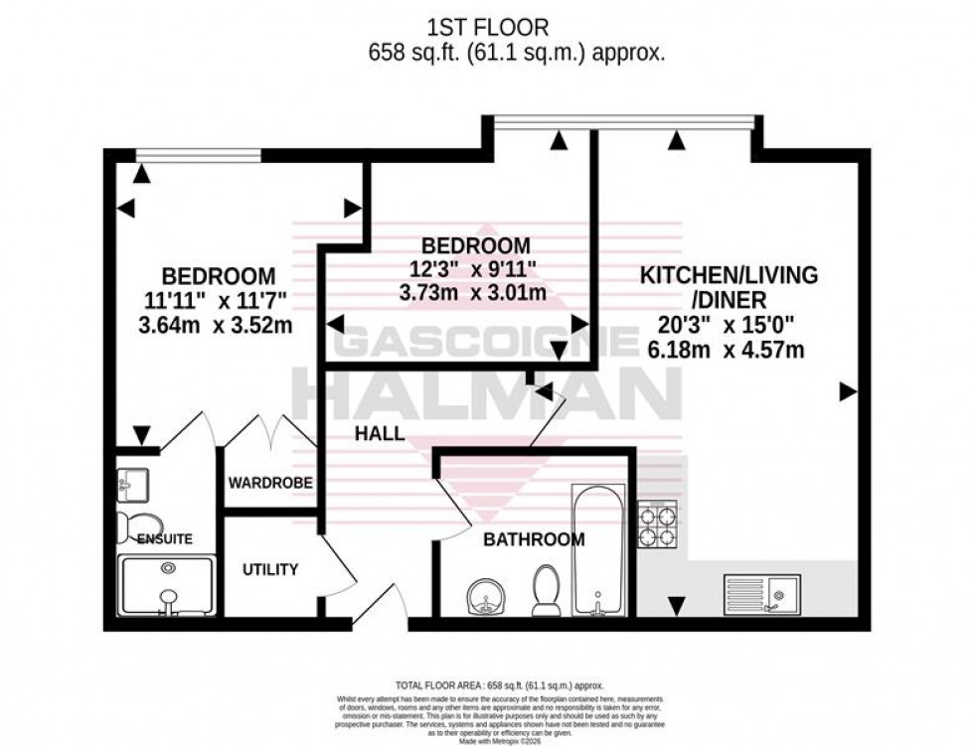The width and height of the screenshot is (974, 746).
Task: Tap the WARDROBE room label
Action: (x=271, y=484)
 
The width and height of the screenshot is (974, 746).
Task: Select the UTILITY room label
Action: (x=270, y=569)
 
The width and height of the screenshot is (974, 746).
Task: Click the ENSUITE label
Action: (x=164, y=538)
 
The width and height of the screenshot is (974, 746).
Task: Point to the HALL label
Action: (x=381, y=434)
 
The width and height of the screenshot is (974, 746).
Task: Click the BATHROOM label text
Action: (x=534, y=539)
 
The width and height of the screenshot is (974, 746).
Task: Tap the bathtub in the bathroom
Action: (x=598, y=549)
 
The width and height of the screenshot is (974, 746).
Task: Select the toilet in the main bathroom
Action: (x=546, y=591)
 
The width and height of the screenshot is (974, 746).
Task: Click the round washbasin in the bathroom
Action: (x=484, y=599)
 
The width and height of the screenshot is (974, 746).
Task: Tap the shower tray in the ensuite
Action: (x=166, y=588)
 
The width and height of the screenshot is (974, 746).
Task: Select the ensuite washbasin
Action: (x=130, y=484)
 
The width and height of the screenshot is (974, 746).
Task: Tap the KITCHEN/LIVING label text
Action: (x=729, y=274)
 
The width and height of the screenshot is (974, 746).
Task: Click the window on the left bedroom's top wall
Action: (x=198, y=154)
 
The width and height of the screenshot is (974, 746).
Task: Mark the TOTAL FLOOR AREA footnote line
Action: (x=487, y=685)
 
